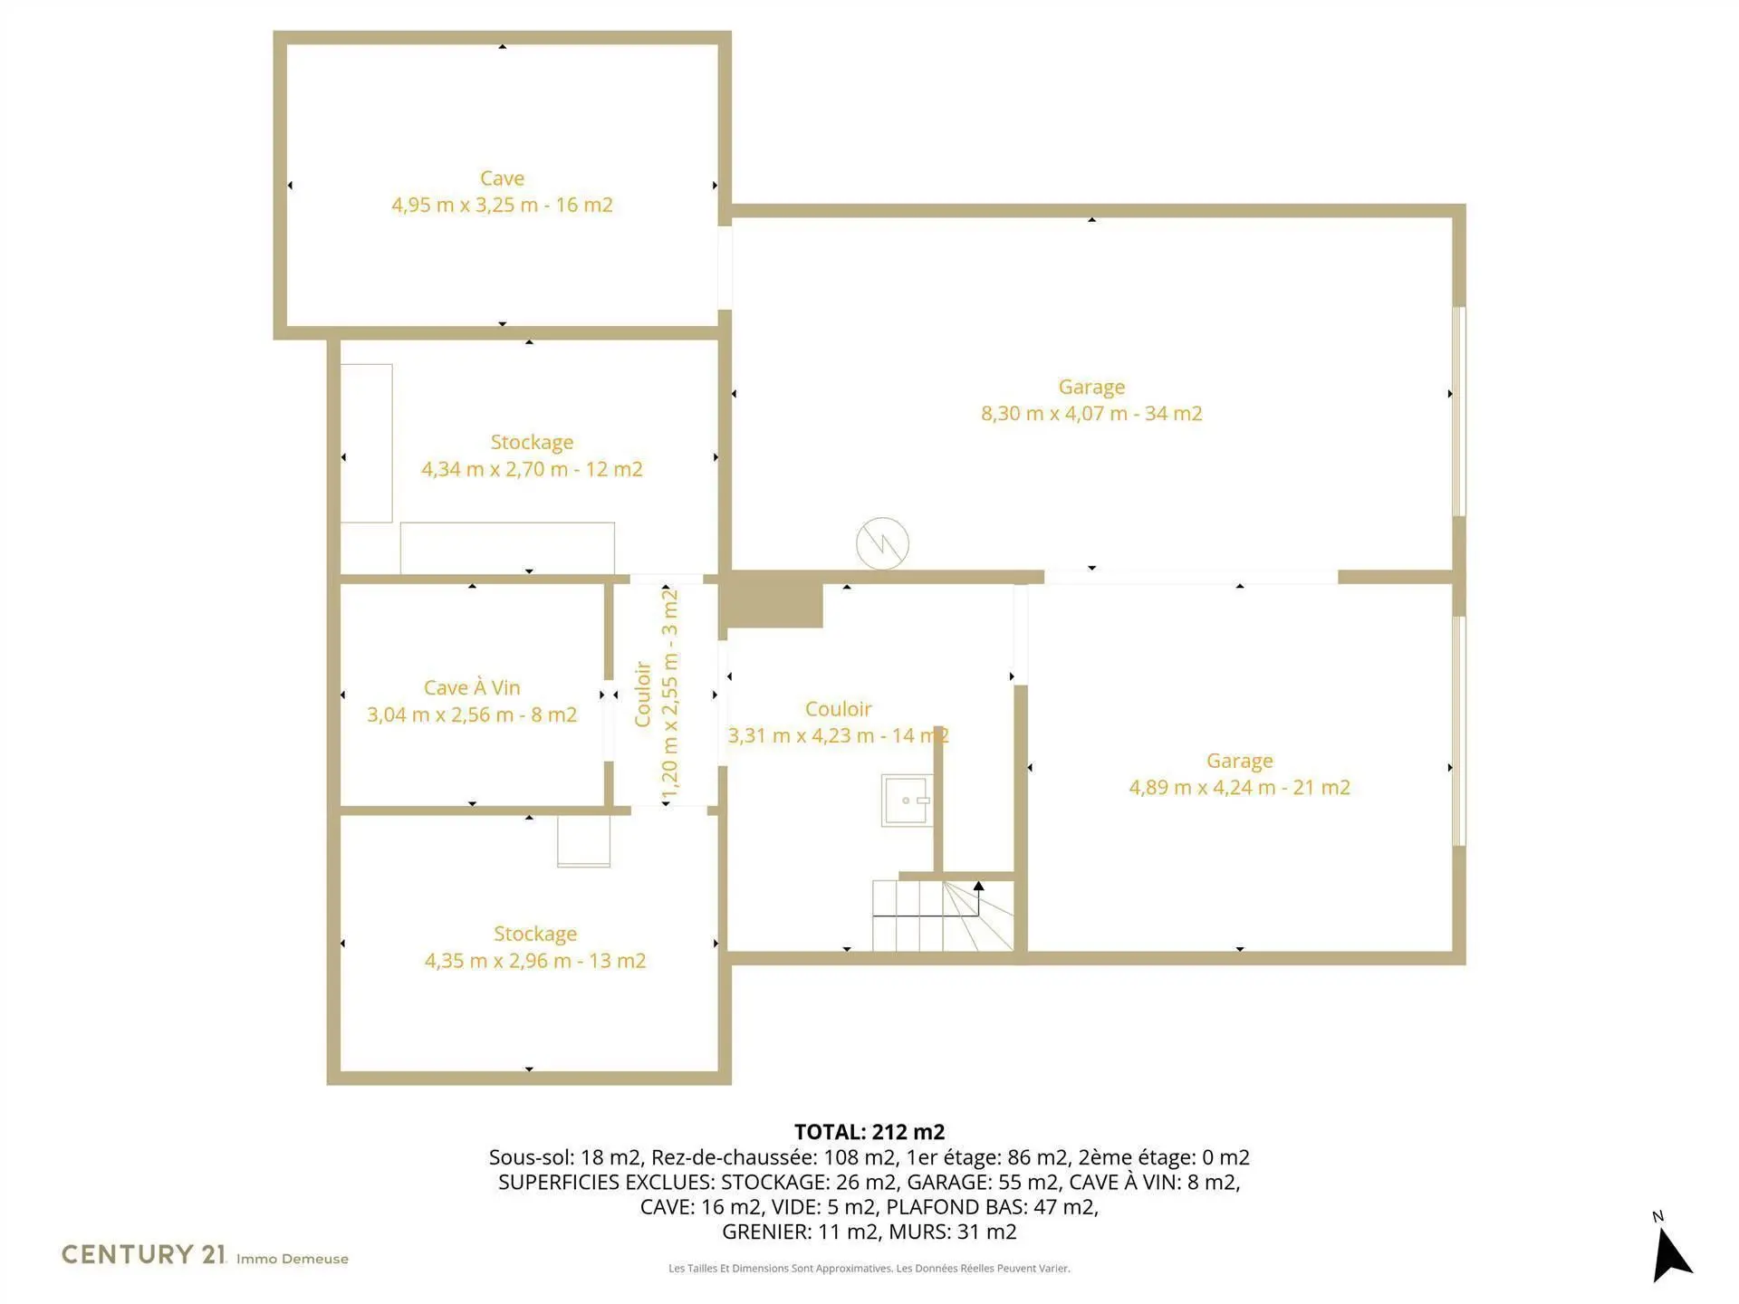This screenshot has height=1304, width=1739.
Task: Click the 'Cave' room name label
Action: [x=502, y=178]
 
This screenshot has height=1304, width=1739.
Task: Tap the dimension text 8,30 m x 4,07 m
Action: [x=1054, y=414]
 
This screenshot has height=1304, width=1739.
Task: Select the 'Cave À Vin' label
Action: [x=472, y=687]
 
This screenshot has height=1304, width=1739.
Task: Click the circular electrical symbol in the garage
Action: [x=882, y=543]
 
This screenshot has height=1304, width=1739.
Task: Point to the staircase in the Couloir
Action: [x=943, y=915]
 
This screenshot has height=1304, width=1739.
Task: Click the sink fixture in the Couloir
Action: [x=907, y=801]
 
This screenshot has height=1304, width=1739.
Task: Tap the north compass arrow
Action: [x=1671, y=1254]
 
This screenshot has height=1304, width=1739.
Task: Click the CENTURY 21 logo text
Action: [x=143, y=1254]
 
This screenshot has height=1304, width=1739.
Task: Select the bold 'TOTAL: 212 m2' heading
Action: [x=869, y=1132]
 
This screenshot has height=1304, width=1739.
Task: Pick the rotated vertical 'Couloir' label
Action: [x=643, y=695]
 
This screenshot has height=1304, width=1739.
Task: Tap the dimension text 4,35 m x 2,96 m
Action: [x=498, y=961]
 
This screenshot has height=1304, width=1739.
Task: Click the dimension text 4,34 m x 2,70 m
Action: [x=495, y=469]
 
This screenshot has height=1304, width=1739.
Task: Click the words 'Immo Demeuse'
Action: [x=293, y=1259]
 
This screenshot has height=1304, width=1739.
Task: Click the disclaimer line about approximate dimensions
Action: [x=869, y=1269]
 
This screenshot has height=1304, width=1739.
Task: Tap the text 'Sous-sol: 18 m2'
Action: [x=564, y=1157]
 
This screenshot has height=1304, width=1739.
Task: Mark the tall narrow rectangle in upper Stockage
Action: [x=366, y=443]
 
